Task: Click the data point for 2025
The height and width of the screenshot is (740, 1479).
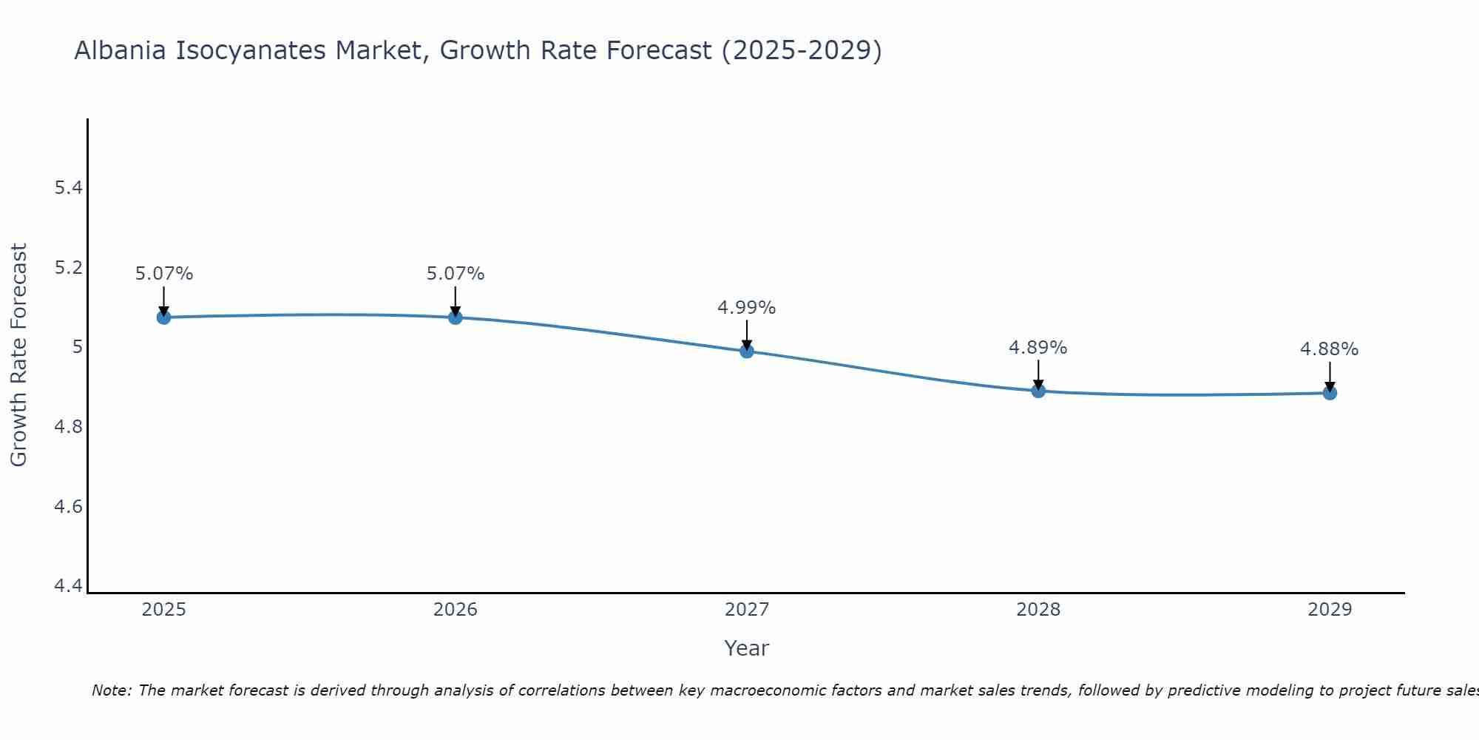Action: click(x=163, y=317)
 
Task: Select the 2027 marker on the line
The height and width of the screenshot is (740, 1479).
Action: click(x=747, y=351)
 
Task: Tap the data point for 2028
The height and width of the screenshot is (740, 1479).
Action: click(x=1038, y=391)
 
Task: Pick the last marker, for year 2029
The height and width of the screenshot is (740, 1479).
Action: click(x=1330, y=393)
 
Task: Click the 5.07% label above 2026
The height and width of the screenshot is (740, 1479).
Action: click(x=455, y=274)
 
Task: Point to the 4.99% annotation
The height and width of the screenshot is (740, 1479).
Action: click(x=746, y=308)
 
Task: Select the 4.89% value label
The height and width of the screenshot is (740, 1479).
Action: click(x=1038, y=348)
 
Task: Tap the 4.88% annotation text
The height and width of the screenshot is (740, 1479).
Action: click(x=1329, y=349)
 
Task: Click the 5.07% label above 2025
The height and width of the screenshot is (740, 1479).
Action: click(x=163, y=274)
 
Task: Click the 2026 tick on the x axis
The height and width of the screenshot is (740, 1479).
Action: click(x=455, y=610)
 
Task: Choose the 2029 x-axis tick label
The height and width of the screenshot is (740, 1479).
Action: click(x=1330, y=610)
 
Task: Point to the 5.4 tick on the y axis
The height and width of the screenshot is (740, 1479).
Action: click(x=68, y=188)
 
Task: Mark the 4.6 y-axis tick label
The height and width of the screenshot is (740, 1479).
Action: click(x=68, y=507)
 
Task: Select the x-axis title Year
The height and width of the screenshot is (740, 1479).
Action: click(x=746, y=648)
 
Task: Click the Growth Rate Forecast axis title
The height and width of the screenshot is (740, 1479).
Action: click(x=18, y=355)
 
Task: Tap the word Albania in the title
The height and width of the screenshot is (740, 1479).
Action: click(x=121, y=51)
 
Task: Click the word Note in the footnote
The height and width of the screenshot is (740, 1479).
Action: click(x=111, y=690)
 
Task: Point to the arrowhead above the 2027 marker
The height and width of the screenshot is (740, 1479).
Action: click(x=747, y=344)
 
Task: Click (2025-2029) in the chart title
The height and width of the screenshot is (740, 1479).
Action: click(x=802, y=51)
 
